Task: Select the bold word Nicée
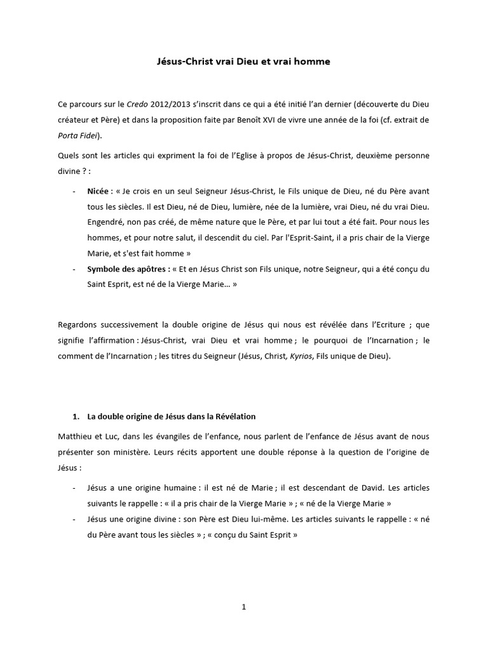pyautogui.click(x=98, y=191)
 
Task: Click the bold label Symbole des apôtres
pyautogui.click(x=127, y=269)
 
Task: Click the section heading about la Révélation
pyautogui.click(x=172, y=416)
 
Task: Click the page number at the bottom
pyautogui.click(x=243, y=607)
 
